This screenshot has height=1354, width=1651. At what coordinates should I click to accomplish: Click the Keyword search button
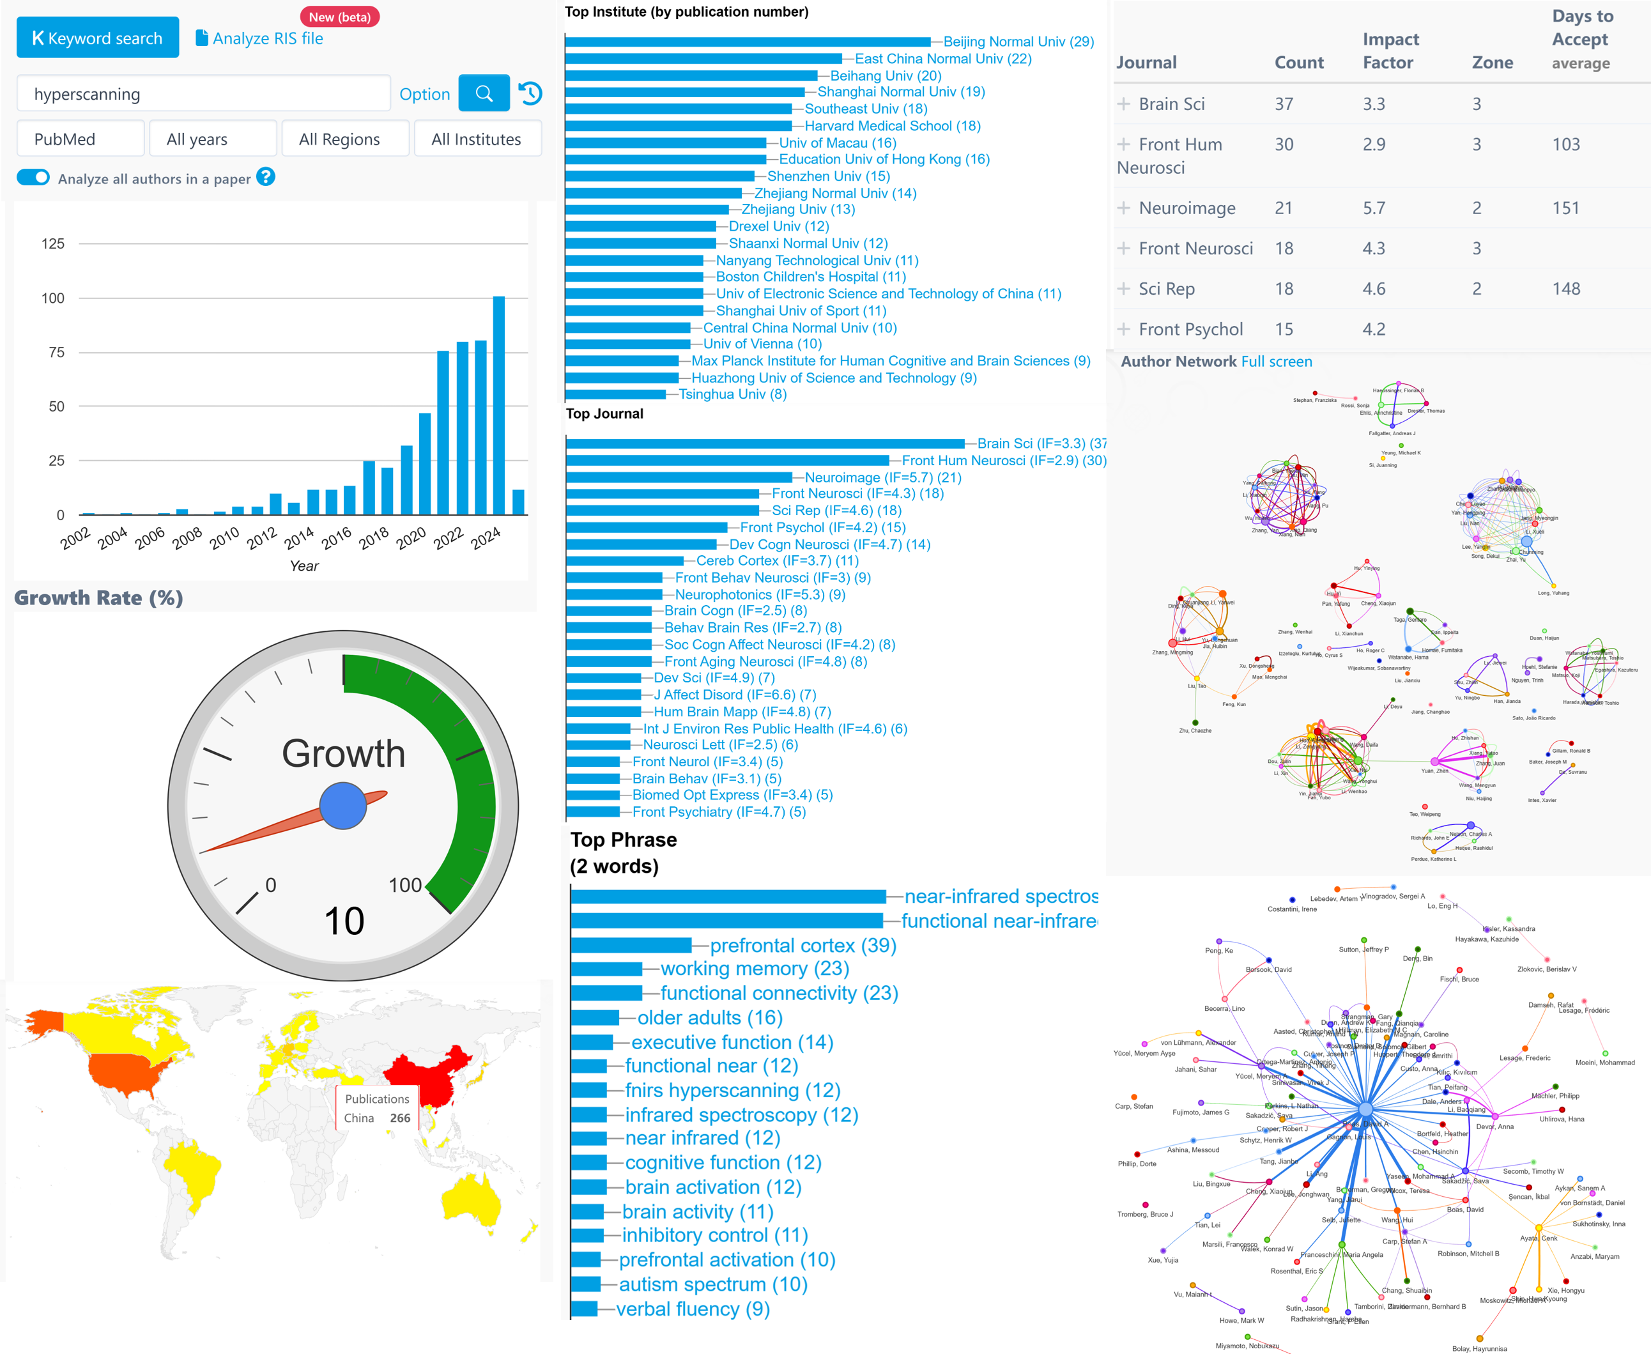[98, 38]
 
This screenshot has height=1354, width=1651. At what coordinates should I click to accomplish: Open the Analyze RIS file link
[259, 38]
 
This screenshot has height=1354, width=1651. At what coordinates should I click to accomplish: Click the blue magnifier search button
[484, 93]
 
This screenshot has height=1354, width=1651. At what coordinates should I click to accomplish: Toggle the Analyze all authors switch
[33, 178]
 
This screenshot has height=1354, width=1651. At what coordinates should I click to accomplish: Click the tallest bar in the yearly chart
[498, 405]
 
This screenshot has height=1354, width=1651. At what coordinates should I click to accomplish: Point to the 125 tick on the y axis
[53, 244]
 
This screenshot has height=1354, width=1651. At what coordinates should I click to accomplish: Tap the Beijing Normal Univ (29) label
[1018, 42]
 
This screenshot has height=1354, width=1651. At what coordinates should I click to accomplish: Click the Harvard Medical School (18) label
[892, 127]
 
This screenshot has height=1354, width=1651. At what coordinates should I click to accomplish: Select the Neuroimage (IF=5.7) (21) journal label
[883, 477]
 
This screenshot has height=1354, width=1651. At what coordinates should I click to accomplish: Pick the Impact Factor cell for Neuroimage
[1374, 208]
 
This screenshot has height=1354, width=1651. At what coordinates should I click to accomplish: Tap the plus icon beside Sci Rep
[1123, 289]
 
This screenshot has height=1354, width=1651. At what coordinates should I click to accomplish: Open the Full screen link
[1277, 362]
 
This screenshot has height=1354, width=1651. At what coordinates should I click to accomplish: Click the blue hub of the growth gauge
[343, 806]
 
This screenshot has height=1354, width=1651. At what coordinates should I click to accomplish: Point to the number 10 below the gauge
[344, 921]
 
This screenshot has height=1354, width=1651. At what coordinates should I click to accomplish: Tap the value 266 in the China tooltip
[400, 1118]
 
